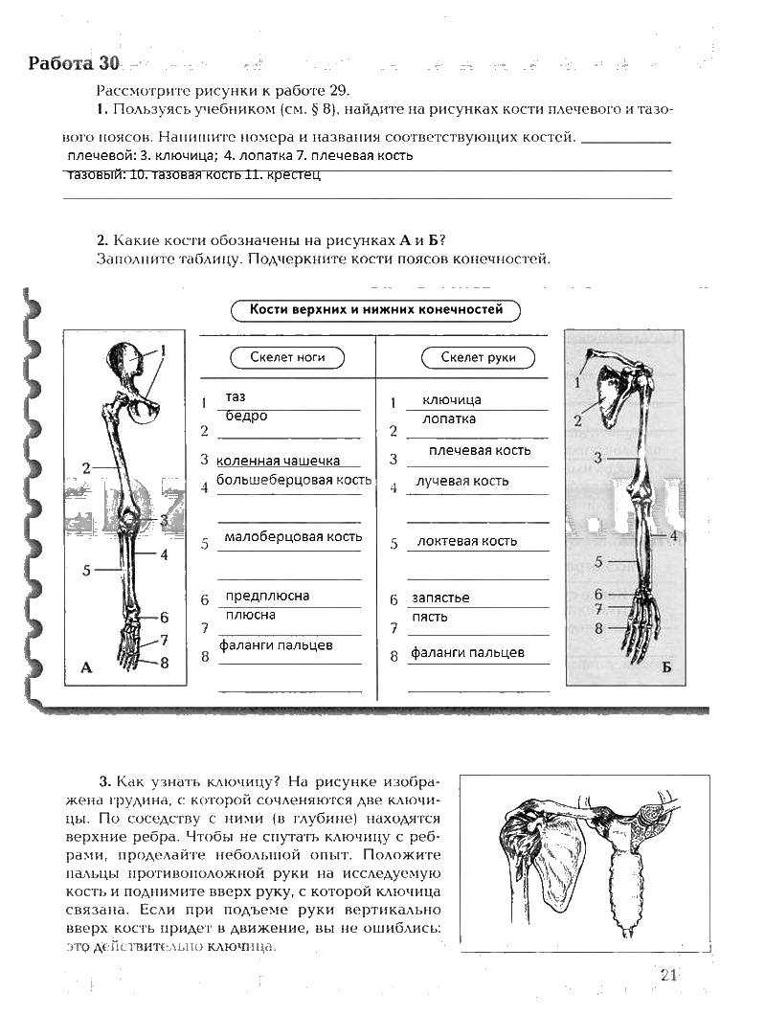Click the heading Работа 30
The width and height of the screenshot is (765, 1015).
[x=74, y=64]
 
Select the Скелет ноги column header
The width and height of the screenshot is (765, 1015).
[x=287, y=357]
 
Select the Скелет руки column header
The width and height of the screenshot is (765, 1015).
[x=478, y=357]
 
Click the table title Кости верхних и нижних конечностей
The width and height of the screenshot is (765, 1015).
[x=375, y=309]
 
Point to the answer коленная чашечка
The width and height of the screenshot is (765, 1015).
[x=279, y=461]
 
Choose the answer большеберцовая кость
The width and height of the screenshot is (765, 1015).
[x=293, y=479]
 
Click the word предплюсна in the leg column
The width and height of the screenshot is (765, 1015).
[x=267, y=596]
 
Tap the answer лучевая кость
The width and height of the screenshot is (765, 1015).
[x=463, y=481]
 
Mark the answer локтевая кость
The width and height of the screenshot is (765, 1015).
[x=466, y=541]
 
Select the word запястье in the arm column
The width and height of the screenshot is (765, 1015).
[x=440, y=598]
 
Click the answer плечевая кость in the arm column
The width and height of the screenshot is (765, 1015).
[x=480, y=450]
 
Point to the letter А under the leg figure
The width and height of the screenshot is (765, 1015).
[x=86, y=668]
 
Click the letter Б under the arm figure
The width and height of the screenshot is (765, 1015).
[x=666, y=667]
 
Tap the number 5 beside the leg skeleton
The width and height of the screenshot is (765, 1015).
[x=86, y=571]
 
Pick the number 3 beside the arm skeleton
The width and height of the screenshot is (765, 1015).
[x=597, y=459]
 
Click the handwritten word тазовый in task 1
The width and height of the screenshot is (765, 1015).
[x=94, y=175]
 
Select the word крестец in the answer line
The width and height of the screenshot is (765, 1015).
[x=294, y=175]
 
